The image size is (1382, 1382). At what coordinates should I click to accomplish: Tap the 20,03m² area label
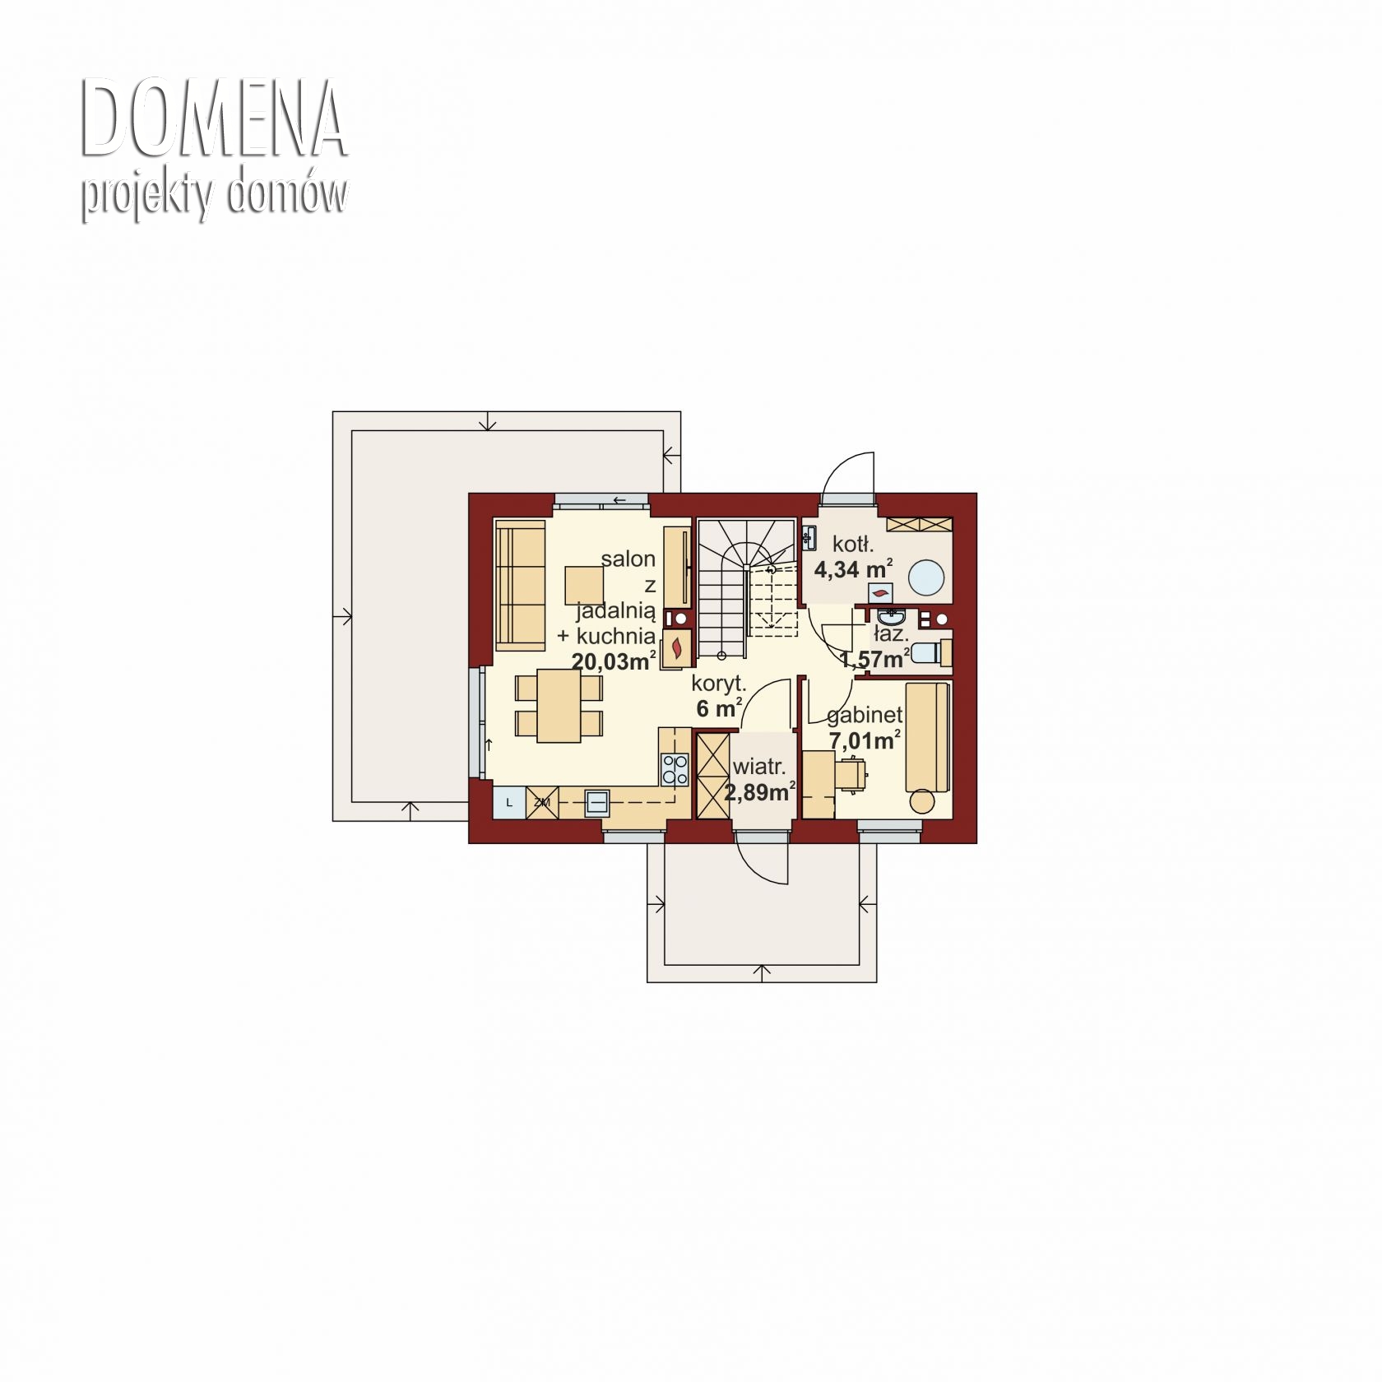coord(614,661)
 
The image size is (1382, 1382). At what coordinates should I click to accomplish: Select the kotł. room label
coord(853,543)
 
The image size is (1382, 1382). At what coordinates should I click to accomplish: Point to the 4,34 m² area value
coord(853,569)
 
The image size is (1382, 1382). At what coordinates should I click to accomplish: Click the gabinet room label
coord(865,716)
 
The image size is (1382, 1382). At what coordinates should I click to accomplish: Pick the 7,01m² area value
coord(865,740)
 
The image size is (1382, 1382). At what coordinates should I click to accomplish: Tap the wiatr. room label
coord(758,767)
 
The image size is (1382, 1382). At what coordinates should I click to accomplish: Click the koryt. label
coord(719,683)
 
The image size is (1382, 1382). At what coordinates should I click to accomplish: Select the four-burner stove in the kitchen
coord(675,769)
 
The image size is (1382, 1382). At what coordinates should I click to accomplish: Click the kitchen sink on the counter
coord(597,801)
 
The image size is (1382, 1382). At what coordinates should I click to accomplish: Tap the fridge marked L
coord(509,802)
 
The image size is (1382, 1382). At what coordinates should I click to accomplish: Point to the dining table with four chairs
coord(559,706)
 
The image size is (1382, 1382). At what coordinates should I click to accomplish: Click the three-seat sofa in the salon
coord(520,584)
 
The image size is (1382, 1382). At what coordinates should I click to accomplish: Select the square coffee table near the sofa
coord(584,585)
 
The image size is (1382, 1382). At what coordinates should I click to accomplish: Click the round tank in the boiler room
coord(927,577)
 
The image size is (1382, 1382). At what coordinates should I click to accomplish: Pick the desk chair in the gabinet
coord(852,773)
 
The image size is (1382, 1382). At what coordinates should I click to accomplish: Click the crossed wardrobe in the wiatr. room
coord(712,775)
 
